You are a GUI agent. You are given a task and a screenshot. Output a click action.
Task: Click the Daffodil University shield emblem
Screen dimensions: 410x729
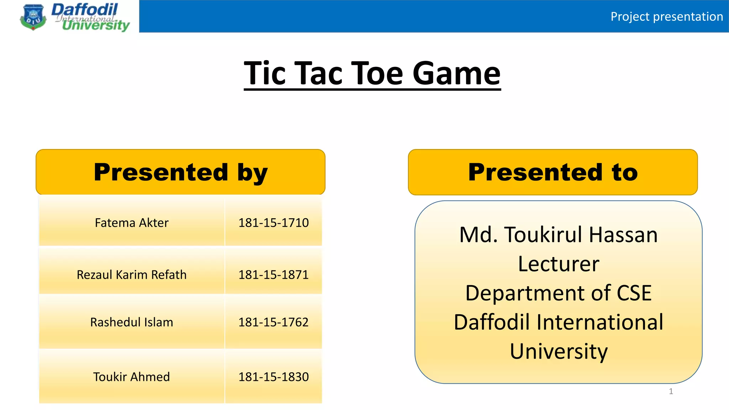coord(33,17)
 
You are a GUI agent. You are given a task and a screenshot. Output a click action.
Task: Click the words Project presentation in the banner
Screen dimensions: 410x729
coord(666,17)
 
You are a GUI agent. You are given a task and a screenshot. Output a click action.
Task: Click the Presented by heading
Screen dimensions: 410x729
coord(180,172)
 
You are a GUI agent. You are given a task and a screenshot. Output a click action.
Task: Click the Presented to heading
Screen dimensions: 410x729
coord(553,172)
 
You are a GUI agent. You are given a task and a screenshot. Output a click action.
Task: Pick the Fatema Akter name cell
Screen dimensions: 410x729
coord(131,223)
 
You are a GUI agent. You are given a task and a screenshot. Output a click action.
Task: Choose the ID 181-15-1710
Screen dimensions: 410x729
coord(273,223)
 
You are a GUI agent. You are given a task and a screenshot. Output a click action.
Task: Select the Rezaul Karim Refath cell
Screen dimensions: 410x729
coord(131,275)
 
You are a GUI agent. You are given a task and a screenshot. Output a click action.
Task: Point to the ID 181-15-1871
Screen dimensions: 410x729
coord(273,275)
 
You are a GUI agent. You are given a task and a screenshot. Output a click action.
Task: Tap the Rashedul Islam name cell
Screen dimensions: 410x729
coord(131,322)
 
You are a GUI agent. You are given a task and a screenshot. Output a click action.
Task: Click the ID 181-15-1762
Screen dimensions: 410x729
coord(273,322)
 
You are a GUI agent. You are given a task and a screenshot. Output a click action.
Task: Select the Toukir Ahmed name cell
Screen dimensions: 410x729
coord(131,377)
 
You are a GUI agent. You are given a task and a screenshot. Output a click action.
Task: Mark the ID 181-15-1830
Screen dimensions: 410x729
coord(273,377)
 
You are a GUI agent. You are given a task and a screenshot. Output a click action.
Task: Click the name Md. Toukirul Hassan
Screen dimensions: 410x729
coord(558,235)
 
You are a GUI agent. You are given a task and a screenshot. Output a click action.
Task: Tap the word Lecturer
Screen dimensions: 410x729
coord(558,264)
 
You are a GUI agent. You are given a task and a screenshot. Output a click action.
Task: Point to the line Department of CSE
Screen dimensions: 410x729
coord(558,293)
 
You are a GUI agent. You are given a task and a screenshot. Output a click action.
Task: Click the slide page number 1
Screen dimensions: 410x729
coord(671,391)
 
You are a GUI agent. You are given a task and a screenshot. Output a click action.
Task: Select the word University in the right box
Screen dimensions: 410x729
coord(558,352)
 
